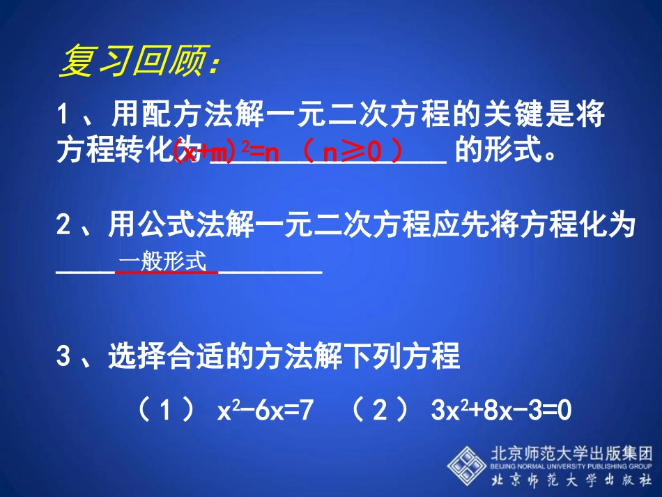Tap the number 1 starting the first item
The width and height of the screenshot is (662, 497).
click(64, 114)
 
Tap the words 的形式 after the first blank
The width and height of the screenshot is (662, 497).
click(498, 151)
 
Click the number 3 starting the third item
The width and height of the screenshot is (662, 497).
click(64, 356)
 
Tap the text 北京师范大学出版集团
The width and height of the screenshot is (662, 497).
click(571, 451)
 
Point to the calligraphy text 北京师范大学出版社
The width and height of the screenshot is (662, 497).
click(571, 481)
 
